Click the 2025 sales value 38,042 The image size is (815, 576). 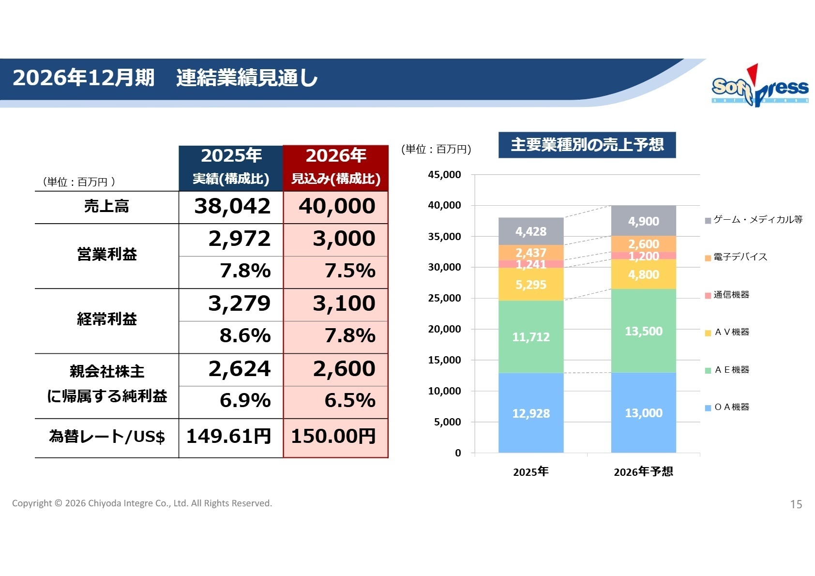pyautogui.click(x=232, y=207)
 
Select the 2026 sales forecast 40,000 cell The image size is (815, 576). pyautogui.click(x=336, y=207)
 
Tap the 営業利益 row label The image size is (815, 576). pyautogui.click(x=107, y=255)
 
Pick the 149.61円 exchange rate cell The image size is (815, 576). pyautogui.click(x=229, y=437)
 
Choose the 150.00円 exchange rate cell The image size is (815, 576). pyautogui.click(x=333, y=437)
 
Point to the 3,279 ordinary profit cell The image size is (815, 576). pyautogui.click(x=239, y=304)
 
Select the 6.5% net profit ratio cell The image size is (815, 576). pyautogui.click(x=349, y=401)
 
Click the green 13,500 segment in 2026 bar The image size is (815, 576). pyautogui.click(x=643, y=332)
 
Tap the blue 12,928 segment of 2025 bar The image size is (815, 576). pyautogui.click(x=531, y=414)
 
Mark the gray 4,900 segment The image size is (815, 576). pyautogui.click(x=643, y=221)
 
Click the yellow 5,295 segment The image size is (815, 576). pyautogui.click(x=531, y=285)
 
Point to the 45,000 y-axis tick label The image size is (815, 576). pyautogui.click(x=444, y=175)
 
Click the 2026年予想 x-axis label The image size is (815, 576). pyautogui.click(x=643, y=472)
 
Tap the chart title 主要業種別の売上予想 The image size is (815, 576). pyautogui.click(x=587, y=145)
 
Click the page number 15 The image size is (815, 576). pyautogui.click(x=796, y=504)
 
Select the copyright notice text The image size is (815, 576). pyautogui.click(x=142, y=503)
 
